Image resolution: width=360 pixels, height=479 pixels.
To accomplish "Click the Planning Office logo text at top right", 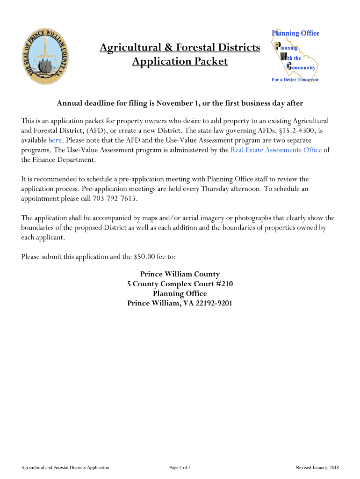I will pos(295,33).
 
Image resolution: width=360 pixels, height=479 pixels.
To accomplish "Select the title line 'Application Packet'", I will pos(180,62).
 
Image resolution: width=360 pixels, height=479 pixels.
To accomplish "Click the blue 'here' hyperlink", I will pos(55,140).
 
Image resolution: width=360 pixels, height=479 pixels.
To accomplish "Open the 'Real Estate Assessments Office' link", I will pos(276,150).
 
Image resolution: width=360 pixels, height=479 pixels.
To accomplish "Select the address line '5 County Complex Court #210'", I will pos(180,284).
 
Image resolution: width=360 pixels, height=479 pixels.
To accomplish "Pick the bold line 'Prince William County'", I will pos(180,274).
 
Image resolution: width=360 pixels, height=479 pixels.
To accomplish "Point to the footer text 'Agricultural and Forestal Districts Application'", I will pos(62,467).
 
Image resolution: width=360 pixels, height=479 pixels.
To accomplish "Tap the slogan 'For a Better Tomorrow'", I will pos(295,80).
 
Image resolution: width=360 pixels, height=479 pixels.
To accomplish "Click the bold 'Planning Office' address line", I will pos(180,294).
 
